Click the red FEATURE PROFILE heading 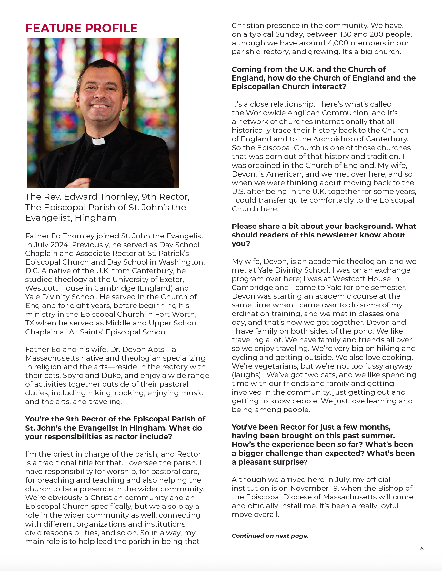click(x=81, y=28)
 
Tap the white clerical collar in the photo click(x=98, y=141)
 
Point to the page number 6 click(x=422, y=549)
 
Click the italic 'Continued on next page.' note click(x=270, y=536)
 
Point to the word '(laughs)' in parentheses click(x=246, y=375)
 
